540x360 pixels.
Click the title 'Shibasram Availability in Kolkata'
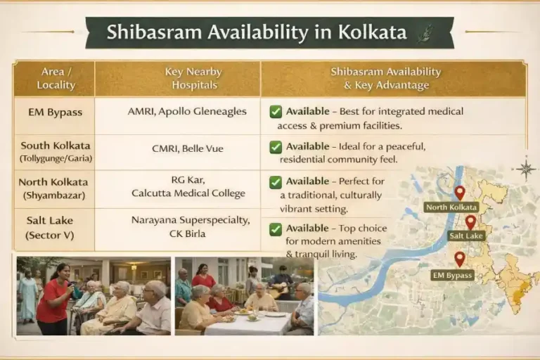click(256, 32)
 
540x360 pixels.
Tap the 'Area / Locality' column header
click(56, 78)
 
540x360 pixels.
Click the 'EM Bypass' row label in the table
click(56, 112)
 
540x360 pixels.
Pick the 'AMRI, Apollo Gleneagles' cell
click(187, 112)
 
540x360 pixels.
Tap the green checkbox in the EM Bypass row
click(276, 112)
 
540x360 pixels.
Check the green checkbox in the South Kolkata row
click(276, 147)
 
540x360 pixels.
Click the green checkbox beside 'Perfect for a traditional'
click(276, 182)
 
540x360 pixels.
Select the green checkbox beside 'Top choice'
click(276, 229)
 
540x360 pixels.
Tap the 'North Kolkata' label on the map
click(451, 207)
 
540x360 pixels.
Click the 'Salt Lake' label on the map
click(465, 236)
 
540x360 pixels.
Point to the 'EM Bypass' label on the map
click(451, 275)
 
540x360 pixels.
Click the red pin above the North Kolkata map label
click(459, 192)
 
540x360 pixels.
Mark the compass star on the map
click(525, 168)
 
